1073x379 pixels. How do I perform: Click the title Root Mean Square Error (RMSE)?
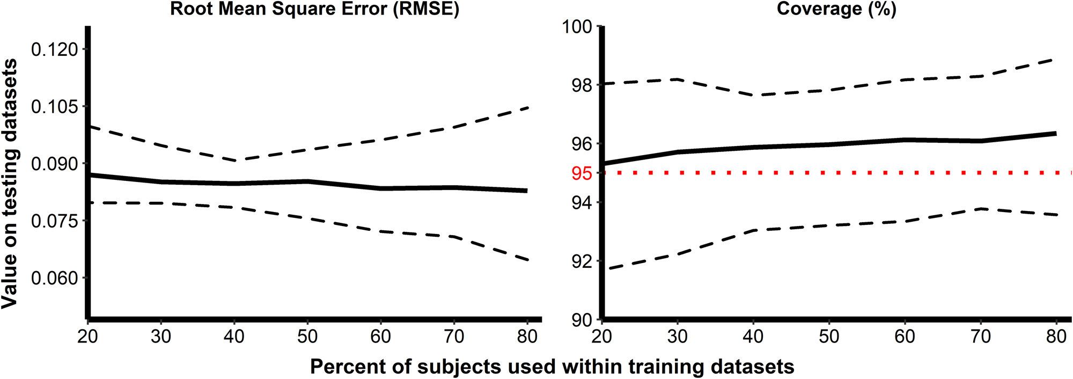(314, 9)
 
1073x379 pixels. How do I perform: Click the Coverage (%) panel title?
(836, 9)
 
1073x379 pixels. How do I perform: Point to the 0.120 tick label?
(54, 49)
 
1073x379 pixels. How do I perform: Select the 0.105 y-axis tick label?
(54, 106)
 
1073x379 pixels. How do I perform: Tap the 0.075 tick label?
(54, 221)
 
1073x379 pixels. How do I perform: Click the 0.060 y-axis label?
(54, 278)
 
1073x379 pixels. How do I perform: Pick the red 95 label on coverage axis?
(582, 173)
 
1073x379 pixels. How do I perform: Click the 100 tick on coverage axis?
(577, 27)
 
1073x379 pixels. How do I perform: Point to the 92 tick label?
(582, 261)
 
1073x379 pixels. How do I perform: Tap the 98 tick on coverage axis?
(582, 85)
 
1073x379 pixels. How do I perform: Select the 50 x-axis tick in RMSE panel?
(307, 337)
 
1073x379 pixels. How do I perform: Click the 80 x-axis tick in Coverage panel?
(1056, 337)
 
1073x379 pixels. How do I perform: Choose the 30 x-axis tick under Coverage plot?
(678, 337)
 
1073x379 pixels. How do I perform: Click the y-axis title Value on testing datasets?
(10, 183)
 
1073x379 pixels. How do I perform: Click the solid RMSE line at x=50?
(307, 181)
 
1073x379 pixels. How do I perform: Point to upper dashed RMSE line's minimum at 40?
(234, 160)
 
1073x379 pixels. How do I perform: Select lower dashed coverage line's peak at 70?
(981, 208)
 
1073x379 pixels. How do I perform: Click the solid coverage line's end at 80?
(1055, 133)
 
